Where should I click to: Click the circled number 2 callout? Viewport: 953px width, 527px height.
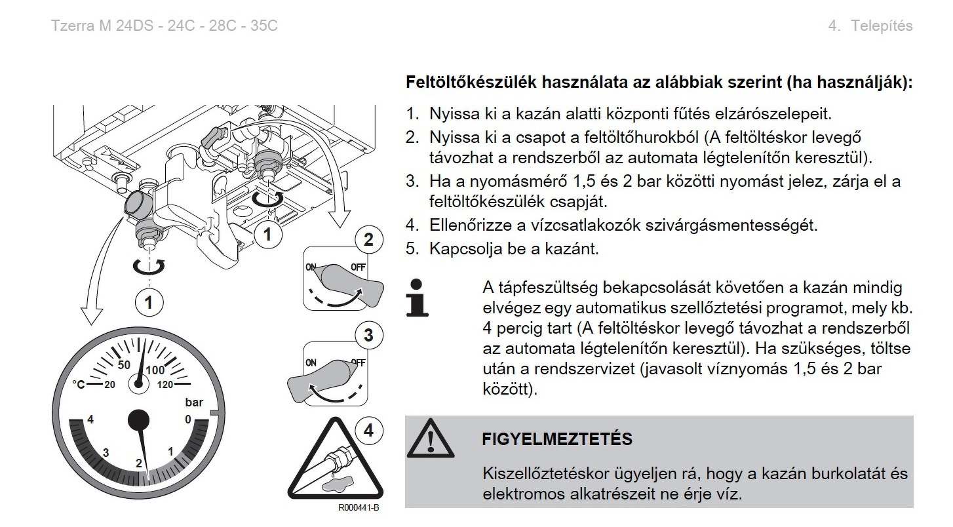point(369,239)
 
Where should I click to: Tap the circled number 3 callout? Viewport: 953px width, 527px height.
point(369,335)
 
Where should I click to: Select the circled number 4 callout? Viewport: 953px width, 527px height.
point(369,431)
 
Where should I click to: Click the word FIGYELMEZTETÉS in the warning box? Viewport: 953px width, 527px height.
point(557,439)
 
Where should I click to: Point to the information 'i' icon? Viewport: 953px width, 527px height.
point(418,298)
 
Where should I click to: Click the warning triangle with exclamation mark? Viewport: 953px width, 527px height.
point(431,438)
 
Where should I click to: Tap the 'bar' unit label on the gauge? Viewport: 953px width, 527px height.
point(194,402)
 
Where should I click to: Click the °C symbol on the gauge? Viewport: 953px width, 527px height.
point(79,385)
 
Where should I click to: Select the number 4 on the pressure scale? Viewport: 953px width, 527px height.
point(90,420)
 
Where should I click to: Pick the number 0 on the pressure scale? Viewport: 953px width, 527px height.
point(188,420)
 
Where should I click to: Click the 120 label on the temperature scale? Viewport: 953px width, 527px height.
point(165,385)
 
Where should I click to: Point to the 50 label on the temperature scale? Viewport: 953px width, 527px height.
point(124,365)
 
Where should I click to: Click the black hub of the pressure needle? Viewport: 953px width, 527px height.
point(139,420)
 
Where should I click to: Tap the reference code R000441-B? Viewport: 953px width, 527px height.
point(359,507)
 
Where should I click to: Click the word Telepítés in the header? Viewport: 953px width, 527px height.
point(882,26)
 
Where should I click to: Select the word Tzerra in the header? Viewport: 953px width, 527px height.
point(73,26)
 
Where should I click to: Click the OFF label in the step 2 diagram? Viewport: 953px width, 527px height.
point(358,267)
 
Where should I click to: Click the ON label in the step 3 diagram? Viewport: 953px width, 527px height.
point(311,363)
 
